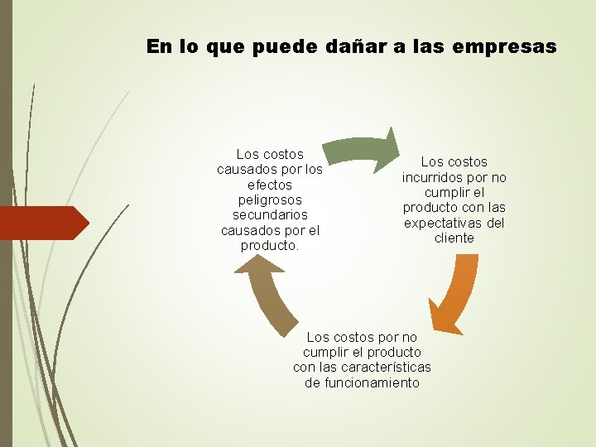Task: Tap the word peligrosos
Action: tap(270, 199)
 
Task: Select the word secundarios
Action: tap(270, 214)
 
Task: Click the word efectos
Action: tap(270, 185)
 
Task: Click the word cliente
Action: tap(454, 238)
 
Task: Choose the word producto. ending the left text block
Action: tap(270, 246)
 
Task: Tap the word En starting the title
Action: tap(157, 46)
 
